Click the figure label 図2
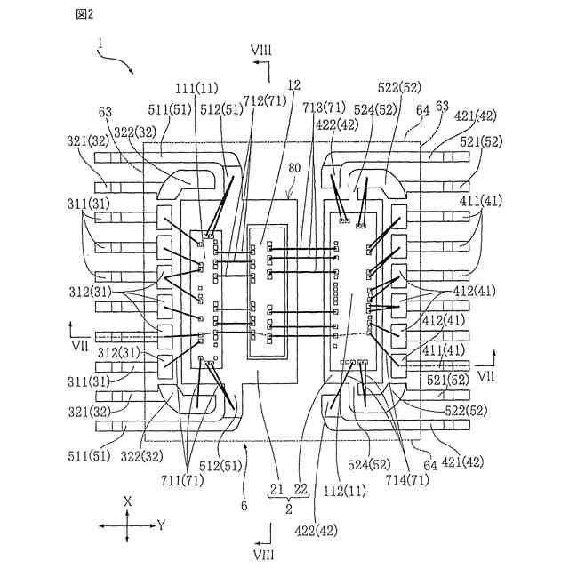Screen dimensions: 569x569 84,14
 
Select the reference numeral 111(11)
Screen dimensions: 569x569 196,88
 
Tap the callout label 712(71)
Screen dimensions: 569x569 265,100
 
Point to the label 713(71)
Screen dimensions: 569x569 324,107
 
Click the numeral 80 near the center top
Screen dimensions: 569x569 294,168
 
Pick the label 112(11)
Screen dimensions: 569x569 346,492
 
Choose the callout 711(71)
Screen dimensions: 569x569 183,481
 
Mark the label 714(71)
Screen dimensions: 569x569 408,480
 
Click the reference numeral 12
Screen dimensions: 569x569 293,85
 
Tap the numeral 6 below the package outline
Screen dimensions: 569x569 244,505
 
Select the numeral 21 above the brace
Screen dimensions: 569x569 276,490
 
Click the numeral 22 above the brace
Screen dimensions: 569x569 301,490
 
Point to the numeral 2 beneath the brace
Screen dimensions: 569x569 288,509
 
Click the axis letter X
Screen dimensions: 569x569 127,501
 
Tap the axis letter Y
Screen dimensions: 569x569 162,525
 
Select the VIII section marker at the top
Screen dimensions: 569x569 261,51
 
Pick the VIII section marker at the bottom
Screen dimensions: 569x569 263,555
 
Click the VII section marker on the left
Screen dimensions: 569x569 80,346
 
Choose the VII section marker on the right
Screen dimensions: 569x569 485,376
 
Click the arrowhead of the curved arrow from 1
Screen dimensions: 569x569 132,72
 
